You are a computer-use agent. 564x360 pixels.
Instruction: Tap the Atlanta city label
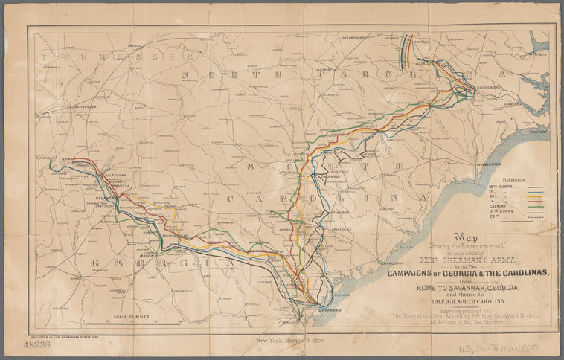[103, 199]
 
